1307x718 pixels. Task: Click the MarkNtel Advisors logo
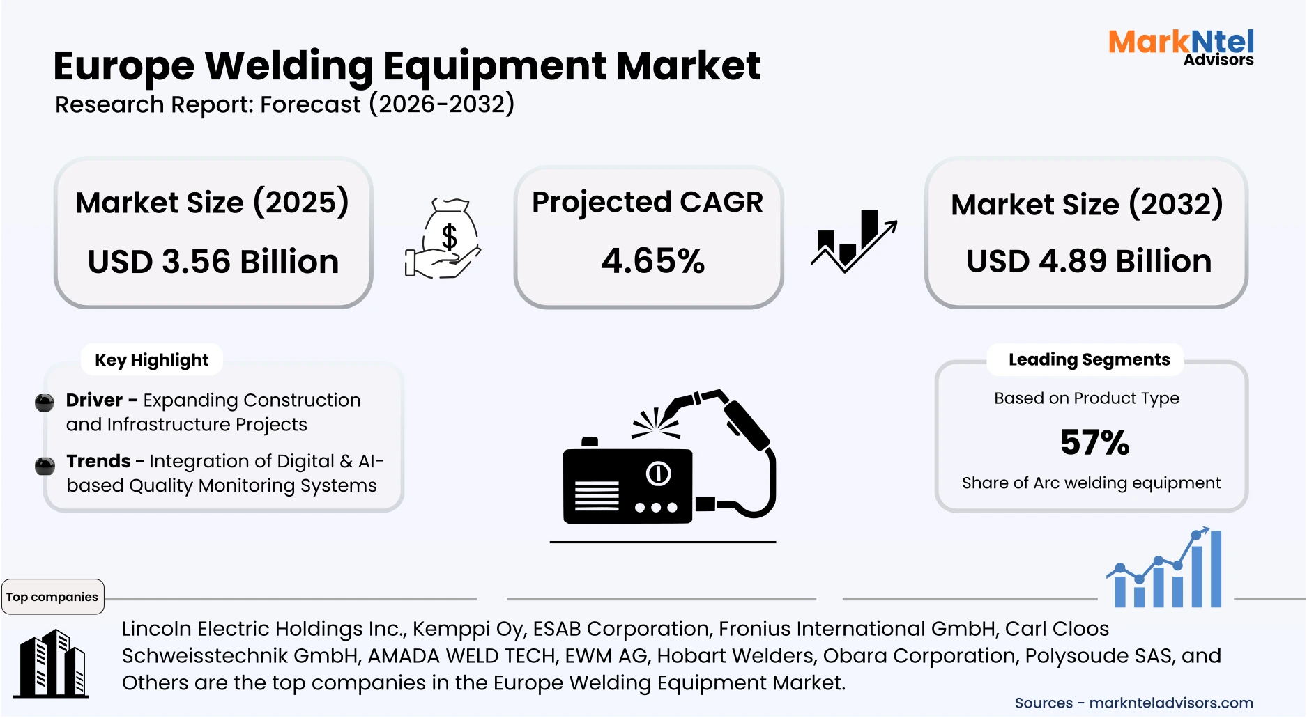1181,47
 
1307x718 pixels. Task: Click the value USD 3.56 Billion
213,262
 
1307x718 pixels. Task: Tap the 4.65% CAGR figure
653,261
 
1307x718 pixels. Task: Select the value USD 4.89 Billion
1089,261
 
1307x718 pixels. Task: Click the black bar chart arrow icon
853,240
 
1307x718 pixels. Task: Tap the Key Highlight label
151,360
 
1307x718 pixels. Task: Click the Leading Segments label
1089,359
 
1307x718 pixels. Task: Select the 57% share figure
1094,442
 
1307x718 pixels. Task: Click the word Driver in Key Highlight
94,400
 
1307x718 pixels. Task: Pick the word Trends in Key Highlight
98,461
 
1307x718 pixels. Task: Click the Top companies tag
52,597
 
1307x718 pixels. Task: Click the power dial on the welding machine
658,474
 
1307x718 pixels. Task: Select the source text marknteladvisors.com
1170,703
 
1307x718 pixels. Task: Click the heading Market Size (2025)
212,203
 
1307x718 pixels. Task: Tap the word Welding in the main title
289,66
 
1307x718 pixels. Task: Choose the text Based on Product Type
1086,398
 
